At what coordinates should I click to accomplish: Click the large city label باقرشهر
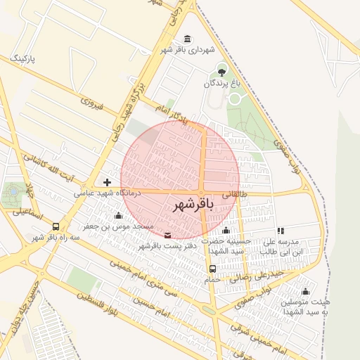192,205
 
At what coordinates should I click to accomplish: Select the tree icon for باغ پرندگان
222,71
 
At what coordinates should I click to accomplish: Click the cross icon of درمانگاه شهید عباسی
107,181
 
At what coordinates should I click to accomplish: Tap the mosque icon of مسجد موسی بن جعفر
117,216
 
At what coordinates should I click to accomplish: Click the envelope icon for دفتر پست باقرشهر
167,235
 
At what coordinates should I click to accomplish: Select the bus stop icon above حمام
212,268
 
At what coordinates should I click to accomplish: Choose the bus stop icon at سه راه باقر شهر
56,226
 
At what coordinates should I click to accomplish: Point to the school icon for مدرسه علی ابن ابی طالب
281,230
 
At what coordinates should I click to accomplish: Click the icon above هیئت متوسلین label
305,291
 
